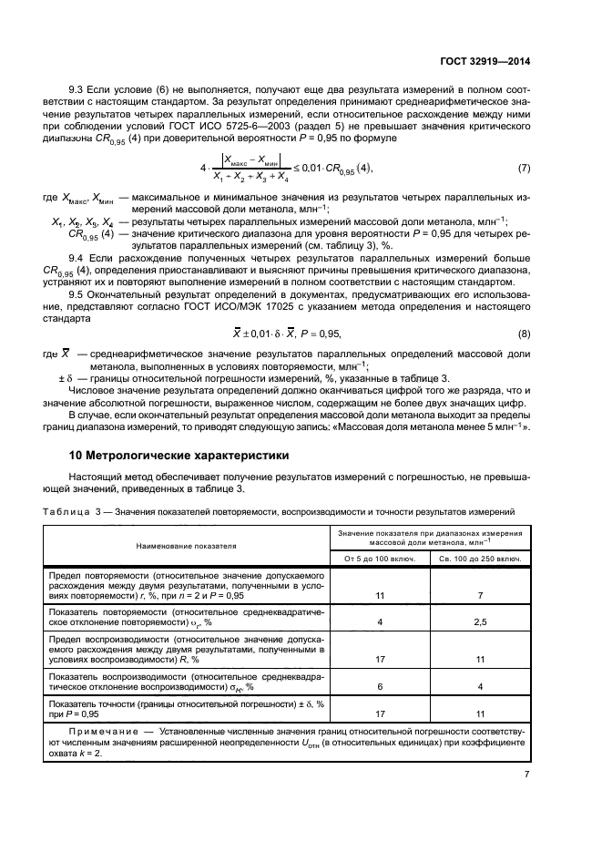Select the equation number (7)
coord(524,169)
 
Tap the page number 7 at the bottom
coord(527,775)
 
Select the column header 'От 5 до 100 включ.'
coord(380,557)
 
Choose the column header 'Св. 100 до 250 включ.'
coord(480,557)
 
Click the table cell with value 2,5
coord(480,622)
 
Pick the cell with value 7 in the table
coord(480,594)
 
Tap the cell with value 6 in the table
coord(380,687)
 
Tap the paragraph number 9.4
coord(77,258)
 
